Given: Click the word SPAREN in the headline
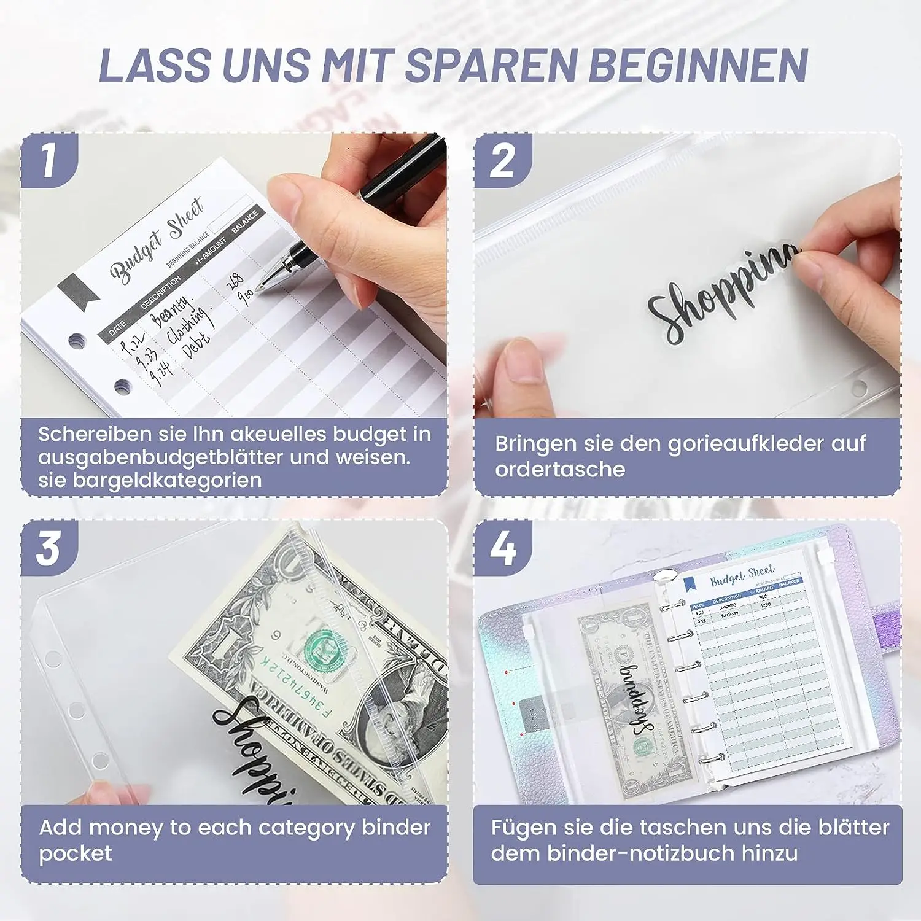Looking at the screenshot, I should click(x=491, y=65).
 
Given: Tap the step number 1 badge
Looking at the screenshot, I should click(x=49, y=161).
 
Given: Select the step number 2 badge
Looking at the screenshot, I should click(x=502, y=161).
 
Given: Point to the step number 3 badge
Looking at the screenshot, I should click(x=49, y=548).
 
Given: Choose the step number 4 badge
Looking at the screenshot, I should click(x=503, y=548).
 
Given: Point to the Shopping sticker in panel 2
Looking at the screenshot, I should click(x=725, y=295).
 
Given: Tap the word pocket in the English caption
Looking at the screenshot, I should click(x=76, y=853).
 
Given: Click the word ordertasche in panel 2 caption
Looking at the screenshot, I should click(x=560, y=470).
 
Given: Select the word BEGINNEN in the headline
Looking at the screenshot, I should click(x=698, y=65).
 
